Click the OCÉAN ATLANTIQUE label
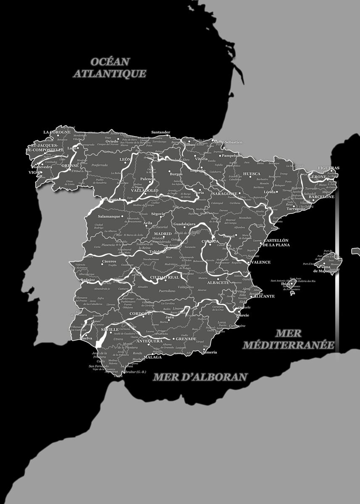click(x=110, y=68)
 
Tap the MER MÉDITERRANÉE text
click(x=289, y=339)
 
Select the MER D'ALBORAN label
click(x=200, y=377)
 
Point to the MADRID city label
click(x=163, y=234)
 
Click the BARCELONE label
click(x=321, y=197)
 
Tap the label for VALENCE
click(x=260, y=262)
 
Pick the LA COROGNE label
click(x=57, y=132)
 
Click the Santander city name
click(x=160, y=132)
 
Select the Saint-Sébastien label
click(x=228, y=142)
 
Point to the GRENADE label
click(x=186, y=339)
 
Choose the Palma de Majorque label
click(x=324, y=269)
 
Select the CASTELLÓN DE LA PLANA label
click(x=276, y=242)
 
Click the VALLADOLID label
click(x=145, y=190)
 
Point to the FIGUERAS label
click(x=328, y=168)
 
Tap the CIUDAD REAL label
click(x=165, y=278)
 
